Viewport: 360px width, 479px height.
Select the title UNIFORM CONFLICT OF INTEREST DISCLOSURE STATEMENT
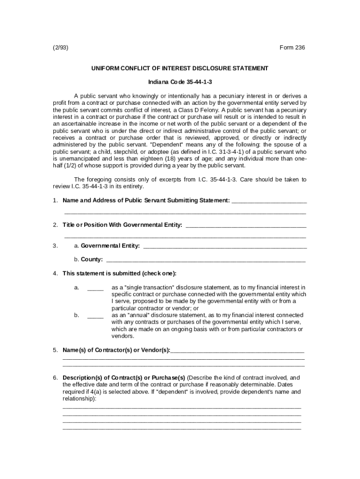pos(180,68)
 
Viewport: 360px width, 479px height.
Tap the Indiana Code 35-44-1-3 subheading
pos(180,82)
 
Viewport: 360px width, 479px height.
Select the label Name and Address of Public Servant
pos(146,201)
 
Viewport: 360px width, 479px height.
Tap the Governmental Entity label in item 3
pos(110,246)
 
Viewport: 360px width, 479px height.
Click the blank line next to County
pos(206,260)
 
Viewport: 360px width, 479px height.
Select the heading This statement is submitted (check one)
pos(119,274)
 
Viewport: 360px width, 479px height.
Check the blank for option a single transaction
pos(95,288)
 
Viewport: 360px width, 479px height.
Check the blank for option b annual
pos(95,316)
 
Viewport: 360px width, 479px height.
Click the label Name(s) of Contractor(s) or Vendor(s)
pos(116,350)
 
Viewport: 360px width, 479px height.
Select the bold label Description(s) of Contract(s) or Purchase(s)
pos(124,377)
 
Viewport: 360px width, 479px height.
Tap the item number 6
pos(55,377)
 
